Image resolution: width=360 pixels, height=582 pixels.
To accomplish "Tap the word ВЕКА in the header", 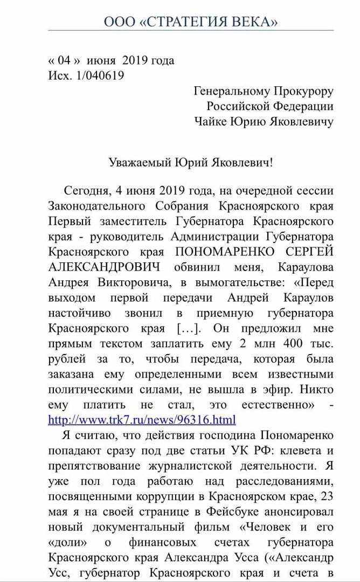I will pyautogui.click(x=257, y=22).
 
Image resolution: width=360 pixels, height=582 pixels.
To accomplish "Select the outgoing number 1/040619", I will pyautogui.click(x=99, y=75).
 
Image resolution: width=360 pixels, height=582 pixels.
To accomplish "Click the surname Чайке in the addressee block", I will pyautogui.click(x=211, y=122).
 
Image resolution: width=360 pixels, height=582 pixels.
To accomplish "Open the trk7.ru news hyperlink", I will pyautogui.click(x=142, y=419).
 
